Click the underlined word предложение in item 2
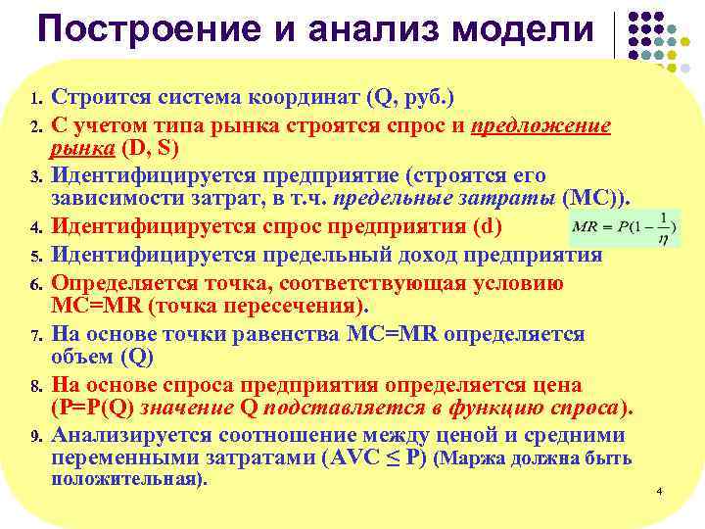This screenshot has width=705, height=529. [540, 125]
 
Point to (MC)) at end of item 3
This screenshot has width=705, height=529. [599, 200]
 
